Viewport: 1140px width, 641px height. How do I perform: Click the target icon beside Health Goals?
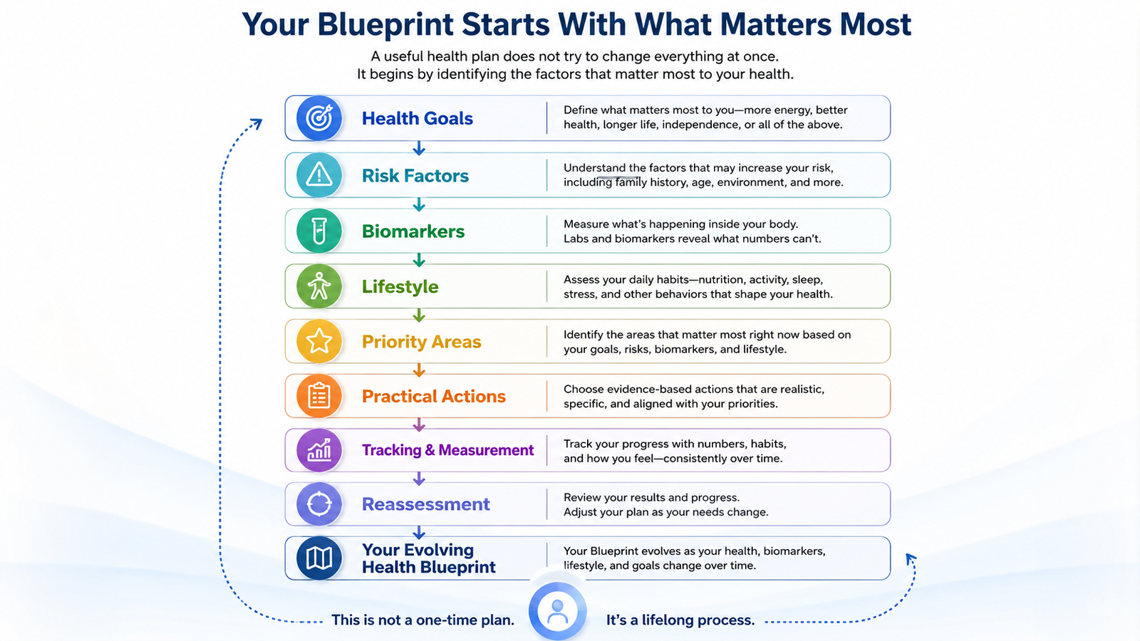319,118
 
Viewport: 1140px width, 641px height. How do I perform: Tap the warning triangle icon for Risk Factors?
319,175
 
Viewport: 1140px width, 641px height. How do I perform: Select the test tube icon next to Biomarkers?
319,231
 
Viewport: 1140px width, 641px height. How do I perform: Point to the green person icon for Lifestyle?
319,286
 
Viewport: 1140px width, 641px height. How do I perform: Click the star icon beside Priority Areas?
319,341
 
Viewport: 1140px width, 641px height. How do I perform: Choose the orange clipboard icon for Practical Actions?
319,396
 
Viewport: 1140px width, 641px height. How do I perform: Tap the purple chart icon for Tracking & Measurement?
319,450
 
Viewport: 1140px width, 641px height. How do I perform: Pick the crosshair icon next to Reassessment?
319,504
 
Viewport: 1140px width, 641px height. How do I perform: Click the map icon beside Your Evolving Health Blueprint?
319,558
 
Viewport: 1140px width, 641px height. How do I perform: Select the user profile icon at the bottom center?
557,611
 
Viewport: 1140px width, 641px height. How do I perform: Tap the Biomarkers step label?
413,231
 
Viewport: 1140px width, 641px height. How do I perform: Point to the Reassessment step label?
426,504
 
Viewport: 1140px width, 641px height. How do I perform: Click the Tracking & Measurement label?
448,450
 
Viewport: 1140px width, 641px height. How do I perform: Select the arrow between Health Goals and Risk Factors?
419,148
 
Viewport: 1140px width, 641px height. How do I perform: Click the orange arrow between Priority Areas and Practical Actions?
419,370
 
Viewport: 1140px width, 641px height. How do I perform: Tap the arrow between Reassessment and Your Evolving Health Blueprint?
419,532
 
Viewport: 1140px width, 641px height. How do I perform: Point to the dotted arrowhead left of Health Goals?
257,123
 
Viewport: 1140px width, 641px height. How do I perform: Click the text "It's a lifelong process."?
680,620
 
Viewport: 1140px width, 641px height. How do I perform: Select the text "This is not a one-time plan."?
423,620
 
